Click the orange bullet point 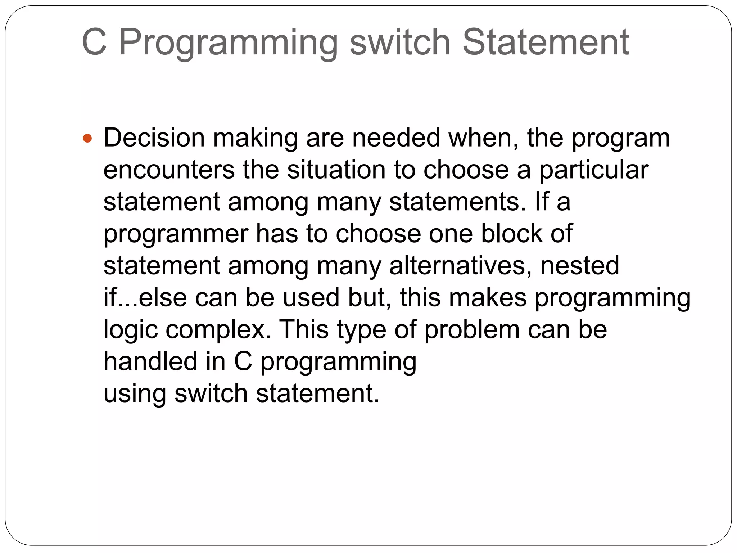[x=87, y=138]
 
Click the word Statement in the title [x=545, y=42]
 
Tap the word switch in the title [x=400, y=42]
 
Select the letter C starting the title [x=94, y=42]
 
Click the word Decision [x=154, y=138]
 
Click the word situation [x=336, y=170]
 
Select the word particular [x=593, y=170]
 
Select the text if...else [x=145, y=298]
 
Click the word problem [x=472, y=330]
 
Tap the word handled [x=150, y=361]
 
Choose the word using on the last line [x=135, y=394]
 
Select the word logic [x=130, y=330]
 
